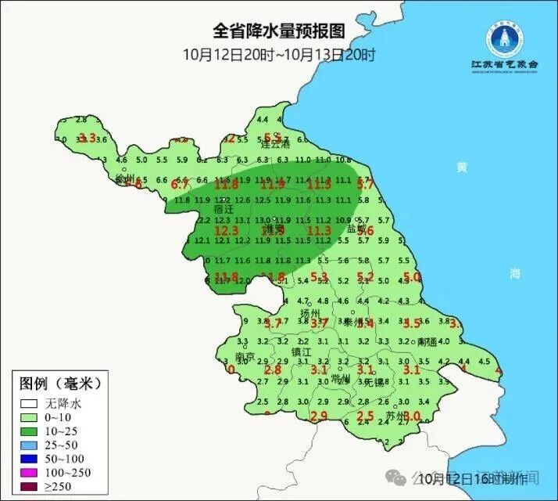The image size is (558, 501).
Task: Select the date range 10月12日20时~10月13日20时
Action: tap(279, 55)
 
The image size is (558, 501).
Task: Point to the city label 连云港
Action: tap(275, 145)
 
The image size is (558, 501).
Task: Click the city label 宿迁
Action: tap(224, 210)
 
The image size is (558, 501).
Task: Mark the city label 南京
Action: tap(245, 356)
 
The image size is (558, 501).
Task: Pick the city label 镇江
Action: tap(302, 352)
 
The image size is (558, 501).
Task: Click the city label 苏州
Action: tap(395, 416)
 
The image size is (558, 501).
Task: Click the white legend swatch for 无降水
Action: tap(30, 405)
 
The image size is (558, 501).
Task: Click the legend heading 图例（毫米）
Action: tap(61, 384)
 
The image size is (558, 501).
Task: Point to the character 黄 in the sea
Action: tap(462, 167)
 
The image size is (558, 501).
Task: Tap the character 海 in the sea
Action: tap(514, 272)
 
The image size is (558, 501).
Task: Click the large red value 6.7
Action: tap(181, 185)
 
